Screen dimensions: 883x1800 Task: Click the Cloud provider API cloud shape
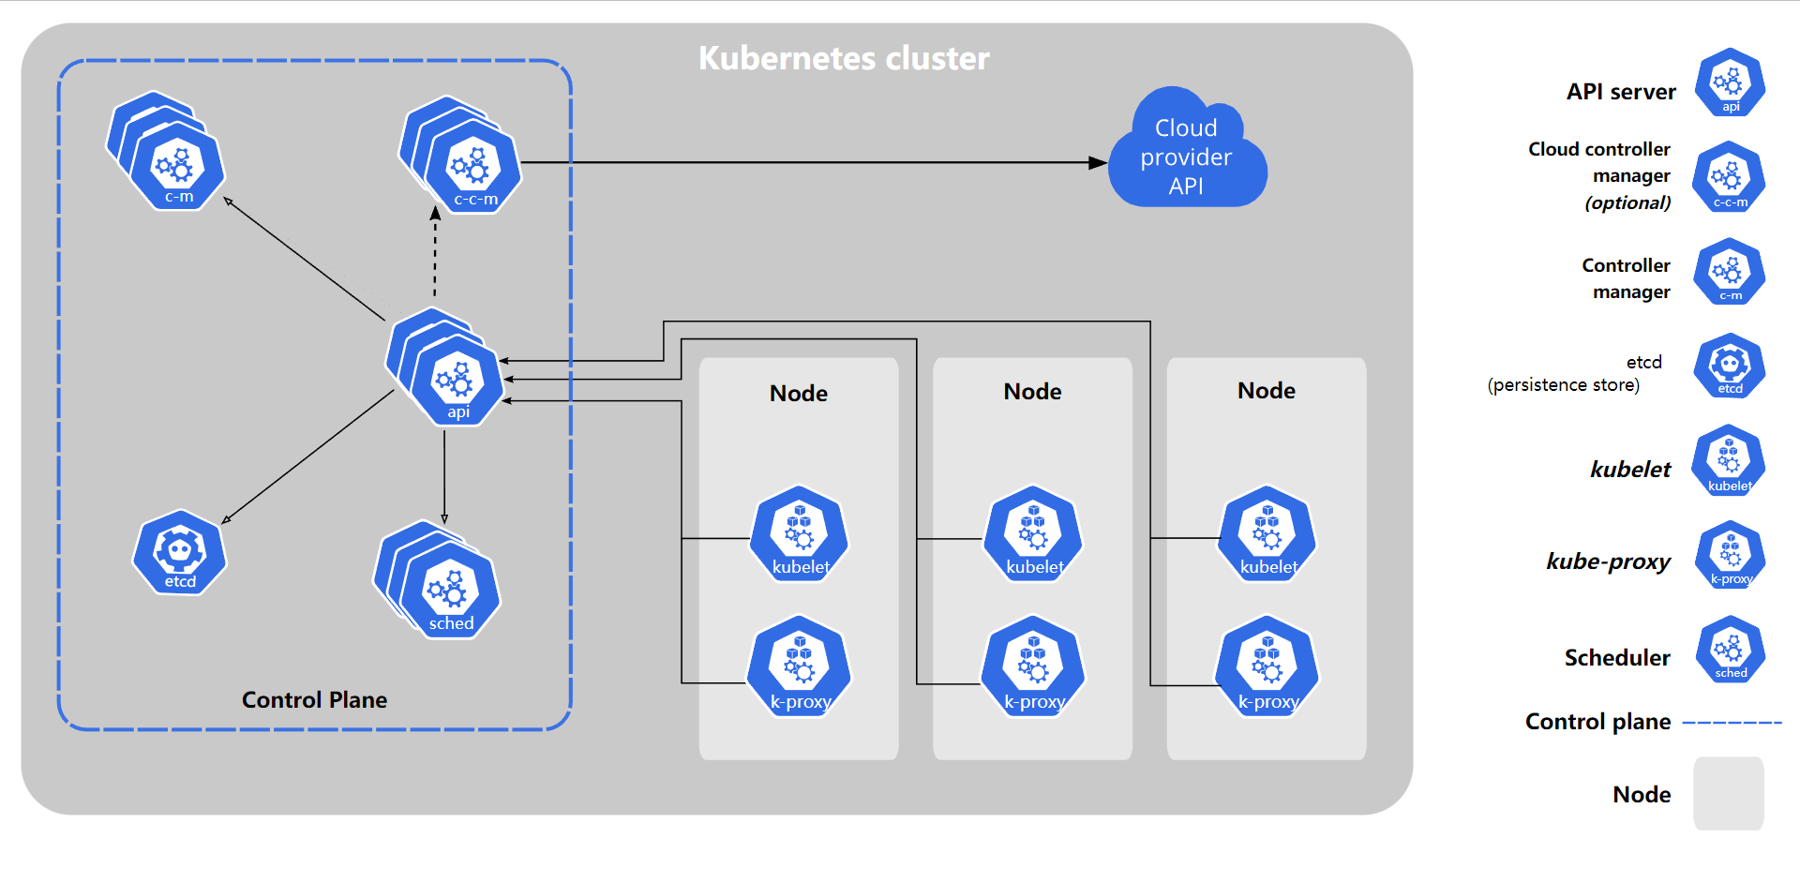(1187, 155)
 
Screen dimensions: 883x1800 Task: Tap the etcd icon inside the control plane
(180, 553)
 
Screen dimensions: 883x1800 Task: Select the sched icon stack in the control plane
(448, 591)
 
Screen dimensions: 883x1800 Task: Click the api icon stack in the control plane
(456, 380)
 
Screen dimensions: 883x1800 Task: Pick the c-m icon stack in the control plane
(175, 166)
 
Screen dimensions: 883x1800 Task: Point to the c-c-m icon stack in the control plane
(471, 167)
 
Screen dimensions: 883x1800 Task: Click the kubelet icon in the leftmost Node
(799, 535)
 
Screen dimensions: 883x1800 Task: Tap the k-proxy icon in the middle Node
(1032, 667)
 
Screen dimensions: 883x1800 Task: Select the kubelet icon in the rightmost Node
(1267, 535)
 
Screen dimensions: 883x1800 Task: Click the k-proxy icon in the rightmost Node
(1267, 667)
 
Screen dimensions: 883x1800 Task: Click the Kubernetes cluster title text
(843, 58)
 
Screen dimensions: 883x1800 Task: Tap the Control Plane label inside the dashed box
(314, 699)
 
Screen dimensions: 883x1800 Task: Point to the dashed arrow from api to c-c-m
(435, 253)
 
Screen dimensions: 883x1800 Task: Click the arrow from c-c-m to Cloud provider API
(806, 163)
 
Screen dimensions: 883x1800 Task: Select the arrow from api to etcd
(309, 456)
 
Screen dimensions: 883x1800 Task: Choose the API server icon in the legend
(1730, 83)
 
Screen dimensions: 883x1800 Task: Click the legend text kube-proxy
(1608, 561)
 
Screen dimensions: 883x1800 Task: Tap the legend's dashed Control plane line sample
(1732, 723)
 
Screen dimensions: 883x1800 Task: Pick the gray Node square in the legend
(1728, 793)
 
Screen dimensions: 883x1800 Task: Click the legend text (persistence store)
(1563, 384)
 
